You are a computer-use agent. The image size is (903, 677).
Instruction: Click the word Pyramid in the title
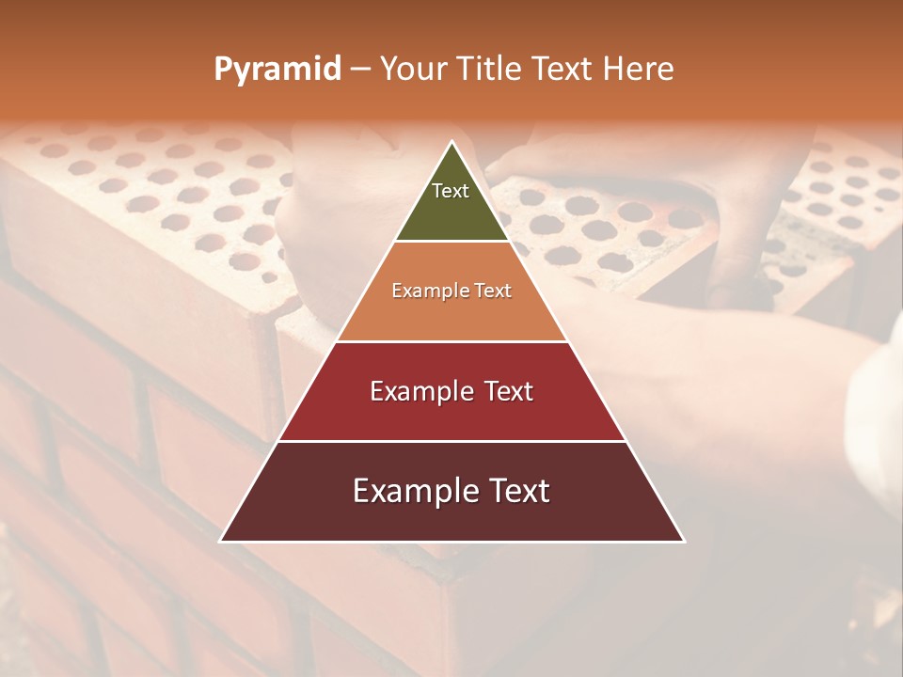277,70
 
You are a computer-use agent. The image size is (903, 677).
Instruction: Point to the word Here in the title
639,69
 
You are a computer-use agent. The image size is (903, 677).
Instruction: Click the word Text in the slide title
563,69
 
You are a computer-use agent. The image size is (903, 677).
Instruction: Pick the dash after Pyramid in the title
360,70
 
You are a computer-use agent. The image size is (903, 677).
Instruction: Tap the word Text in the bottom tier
521,491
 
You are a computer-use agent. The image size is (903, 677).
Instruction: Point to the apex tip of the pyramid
452,142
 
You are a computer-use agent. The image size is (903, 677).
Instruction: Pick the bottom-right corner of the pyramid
684,541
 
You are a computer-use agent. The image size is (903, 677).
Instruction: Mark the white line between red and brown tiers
452,441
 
